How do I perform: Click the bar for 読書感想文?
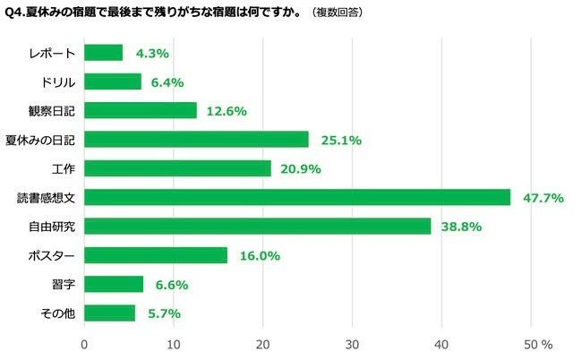click(297, 197)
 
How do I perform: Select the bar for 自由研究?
click(258, 227)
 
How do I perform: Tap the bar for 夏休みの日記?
click(196, 139)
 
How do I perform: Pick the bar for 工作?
click(177, 168)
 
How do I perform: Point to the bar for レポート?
click(103, 53)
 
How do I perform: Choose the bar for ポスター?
click(156, 255)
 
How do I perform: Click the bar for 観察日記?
click(140, 110)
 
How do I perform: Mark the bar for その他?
click(109, 313)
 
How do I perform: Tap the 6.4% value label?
click(167, 81)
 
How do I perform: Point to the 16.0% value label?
click(259, 255)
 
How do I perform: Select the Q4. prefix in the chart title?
click(17, 14)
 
